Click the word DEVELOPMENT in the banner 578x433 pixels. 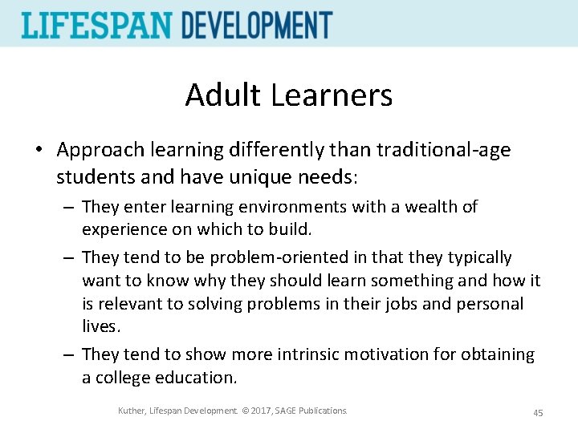pos(257,25)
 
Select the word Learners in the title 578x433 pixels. pos(332,95)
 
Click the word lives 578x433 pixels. pos(101,327)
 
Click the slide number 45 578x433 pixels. pos(538,413)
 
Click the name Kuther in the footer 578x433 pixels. pos(132,411)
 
